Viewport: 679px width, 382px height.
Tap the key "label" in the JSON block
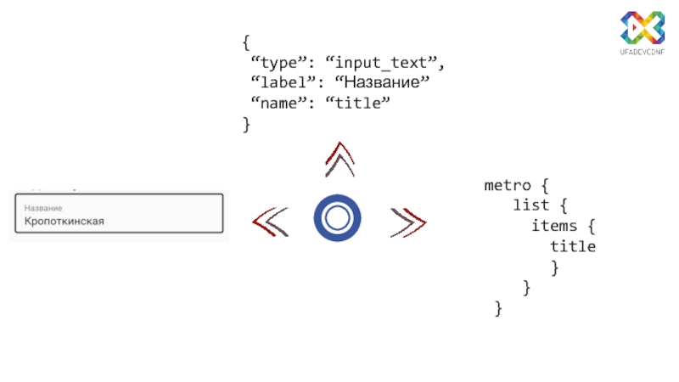283,83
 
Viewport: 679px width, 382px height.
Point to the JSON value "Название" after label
383,83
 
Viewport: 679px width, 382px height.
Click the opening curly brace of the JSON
246,42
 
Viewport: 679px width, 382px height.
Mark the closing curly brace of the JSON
246,124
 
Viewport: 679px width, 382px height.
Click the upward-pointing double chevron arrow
339,160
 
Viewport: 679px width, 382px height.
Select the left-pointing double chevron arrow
271,222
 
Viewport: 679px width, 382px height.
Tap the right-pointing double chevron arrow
407,222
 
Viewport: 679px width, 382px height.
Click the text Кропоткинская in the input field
64,222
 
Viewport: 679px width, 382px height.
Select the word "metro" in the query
508,185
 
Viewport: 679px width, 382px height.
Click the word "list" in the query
531,205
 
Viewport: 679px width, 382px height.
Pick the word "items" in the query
555,226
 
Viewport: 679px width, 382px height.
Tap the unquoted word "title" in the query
573,247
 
